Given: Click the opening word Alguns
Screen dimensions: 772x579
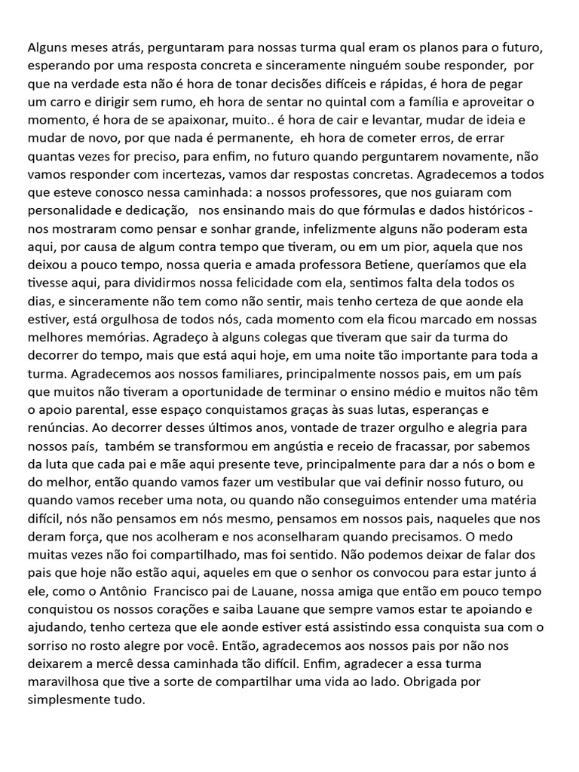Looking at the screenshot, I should [47, 47].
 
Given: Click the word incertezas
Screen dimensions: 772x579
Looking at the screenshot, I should [185, 174].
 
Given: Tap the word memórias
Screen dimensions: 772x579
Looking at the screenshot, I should [125, 337].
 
